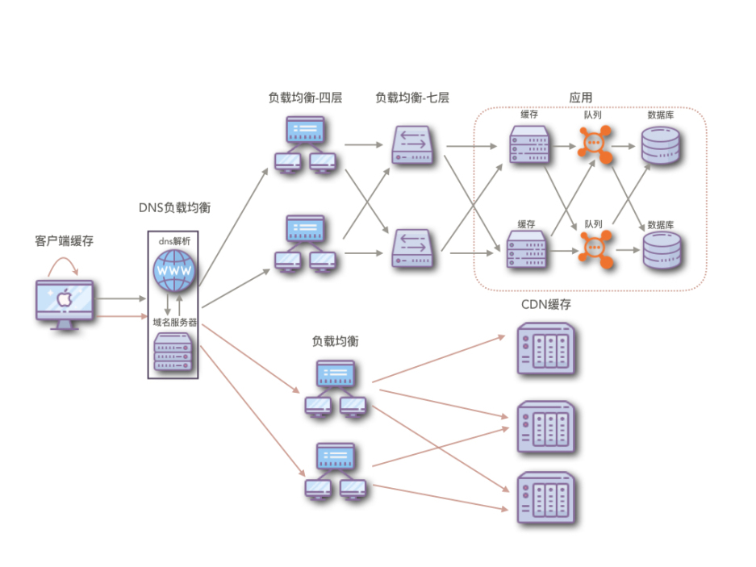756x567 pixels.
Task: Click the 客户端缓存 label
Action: pos(65,240)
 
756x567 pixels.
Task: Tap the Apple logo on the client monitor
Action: pos(65,299)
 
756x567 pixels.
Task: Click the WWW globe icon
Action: pos(173,271)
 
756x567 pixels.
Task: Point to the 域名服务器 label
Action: pos(174,322)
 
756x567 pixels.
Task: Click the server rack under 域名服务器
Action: pos(174,352)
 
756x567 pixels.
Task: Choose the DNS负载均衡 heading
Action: pos(174,207)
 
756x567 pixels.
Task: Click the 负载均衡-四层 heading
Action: pos(305,98)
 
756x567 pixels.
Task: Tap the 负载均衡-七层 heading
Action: pos(411,98)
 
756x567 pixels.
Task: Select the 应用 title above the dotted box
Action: pos(580,98)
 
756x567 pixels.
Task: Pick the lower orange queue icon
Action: pos(595,248)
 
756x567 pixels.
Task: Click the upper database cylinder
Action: pos(661,145)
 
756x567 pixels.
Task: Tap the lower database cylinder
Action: pos(661,250)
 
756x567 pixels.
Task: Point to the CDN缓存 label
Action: pos(546,304)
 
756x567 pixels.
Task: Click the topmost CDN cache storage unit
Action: pos(546,349)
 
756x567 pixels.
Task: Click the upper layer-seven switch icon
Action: pos(414,145)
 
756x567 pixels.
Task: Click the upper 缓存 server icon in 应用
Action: pos(529,146)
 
